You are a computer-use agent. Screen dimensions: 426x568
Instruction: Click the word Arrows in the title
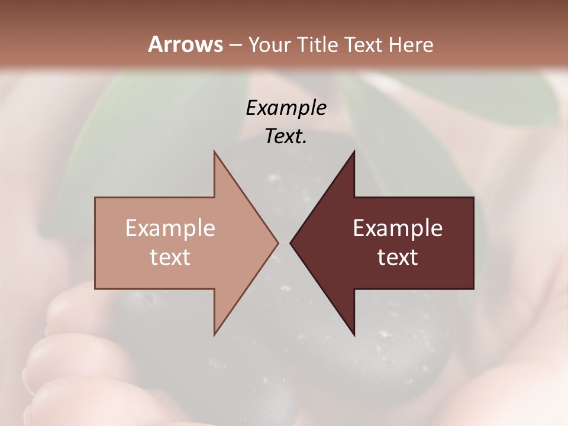[x=185, y=44]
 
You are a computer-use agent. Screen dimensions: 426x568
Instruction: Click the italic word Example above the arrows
[x=286, y=108]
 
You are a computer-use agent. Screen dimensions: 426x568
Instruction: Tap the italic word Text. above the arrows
[x=286, y=136]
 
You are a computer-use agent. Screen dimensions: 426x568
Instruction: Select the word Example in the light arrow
[x=170, y=228]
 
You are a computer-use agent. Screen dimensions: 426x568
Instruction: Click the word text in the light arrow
[x=170, y=257]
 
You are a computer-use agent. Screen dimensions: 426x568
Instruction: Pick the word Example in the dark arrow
[x=398, y=228]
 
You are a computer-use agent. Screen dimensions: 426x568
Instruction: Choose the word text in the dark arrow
[x=398, y=257]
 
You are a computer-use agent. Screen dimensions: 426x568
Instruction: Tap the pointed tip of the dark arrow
[x=292, y=243]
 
